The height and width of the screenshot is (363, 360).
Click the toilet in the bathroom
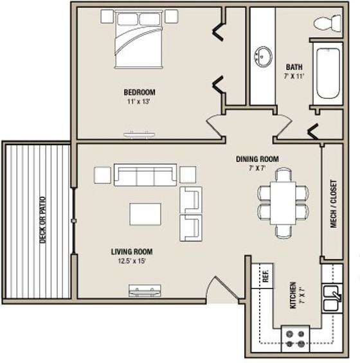click(x=327, y=23)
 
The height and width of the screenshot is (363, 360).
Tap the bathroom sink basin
click(x=264, y=57)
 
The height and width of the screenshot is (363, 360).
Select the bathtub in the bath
click(x=328, y=73)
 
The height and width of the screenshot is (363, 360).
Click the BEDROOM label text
click(x=139, y=93)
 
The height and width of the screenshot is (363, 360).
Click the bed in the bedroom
click(x=138, y=40)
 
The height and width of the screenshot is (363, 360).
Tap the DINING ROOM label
click(x=257, y=159)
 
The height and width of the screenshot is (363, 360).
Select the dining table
click(x=283, y=203)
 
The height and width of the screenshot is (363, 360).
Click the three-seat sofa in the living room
click(x=145, y=175)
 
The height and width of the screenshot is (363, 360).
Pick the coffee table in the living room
click(x=145, y=214)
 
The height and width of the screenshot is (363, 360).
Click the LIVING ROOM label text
click(x=132, y=252)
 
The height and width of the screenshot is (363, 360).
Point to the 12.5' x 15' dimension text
click(x=132, y=261)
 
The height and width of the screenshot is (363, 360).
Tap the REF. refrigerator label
click(x=265, y=276)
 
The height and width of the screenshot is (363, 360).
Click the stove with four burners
click(x=295, y=339)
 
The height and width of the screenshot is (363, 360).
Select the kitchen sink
click(x=331, y=298)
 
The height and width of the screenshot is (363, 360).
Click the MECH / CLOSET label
click(x=334, y=204)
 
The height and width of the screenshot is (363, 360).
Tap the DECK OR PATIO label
click(x=42, y=220)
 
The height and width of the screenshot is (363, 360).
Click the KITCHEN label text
click(x=293, y=295)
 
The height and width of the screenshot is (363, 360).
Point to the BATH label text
click(x=294, y=67)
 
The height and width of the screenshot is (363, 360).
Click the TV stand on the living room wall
click(x=145, y=290)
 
